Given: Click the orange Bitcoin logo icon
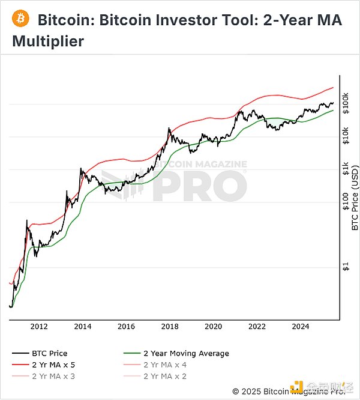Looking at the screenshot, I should click(21, 20).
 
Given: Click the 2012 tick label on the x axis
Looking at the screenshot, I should click(39, 327).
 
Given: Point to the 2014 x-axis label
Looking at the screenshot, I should click(83, 327).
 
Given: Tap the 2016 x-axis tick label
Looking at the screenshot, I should click(126, 327).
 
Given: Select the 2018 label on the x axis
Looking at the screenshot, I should click(170, 327).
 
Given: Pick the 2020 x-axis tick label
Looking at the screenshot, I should click(214, 327).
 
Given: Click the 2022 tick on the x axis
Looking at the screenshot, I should click(257, 327).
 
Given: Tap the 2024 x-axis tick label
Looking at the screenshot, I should click(301, 327).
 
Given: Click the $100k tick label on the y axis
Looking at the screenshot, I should click(346, 104).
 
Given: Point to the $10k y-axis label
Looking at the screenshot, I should click(346, 136).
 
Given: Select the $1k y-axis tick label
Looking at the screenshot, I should click(346, 169).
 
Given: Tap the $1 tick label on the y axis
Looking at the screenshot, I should click(346, 267).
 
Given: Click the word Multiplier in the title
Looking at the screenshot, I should click(48, 42).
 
